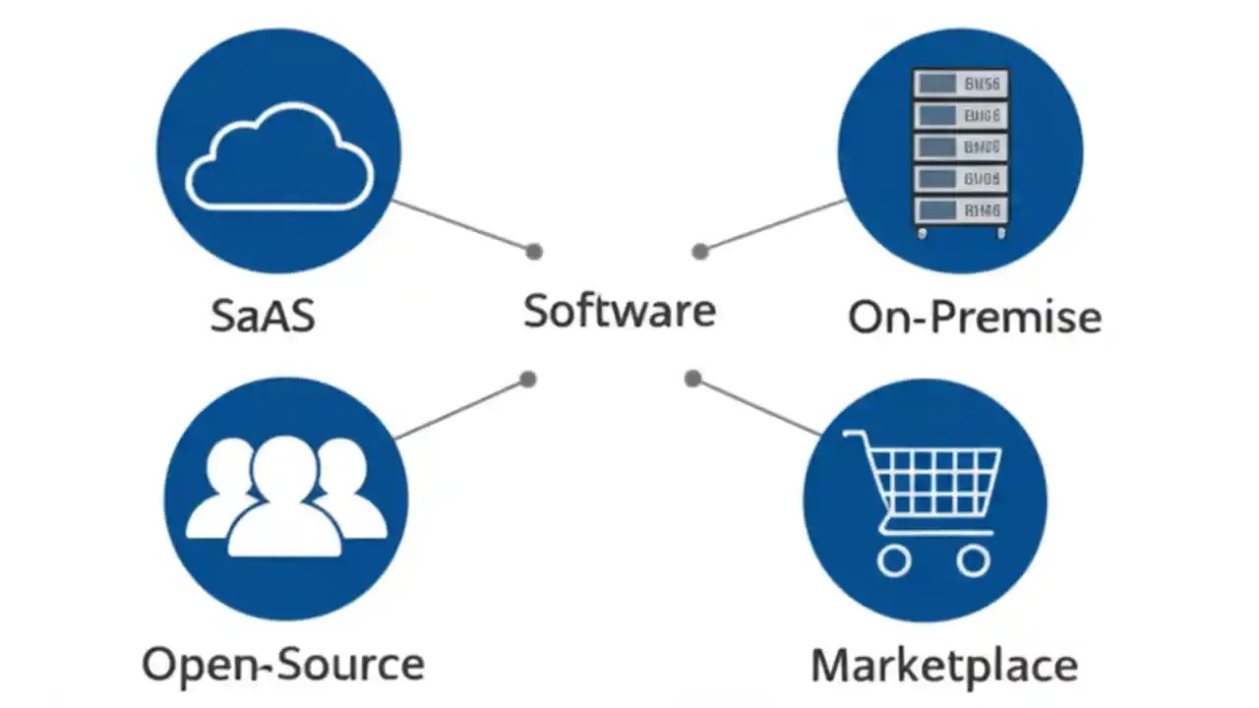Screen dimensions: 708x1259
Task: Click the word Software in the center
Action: click(619, 311)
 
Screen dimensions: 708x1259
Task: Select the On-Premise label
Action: click(974, 317)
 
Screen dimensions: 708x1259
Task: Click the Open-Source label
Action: click(283, 664)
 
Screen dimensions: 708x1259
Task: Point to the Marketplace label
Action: click(943, 666)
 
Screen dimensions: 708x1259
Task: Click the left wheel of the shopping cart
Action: click(893, 560)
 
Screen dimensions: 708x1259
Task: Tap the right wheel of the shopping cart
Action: click(973, 560)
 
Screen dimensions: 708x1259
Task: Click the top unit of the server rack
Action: click(960, 84)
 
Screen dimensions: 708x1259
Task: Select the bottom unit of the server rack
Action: click(960, 209)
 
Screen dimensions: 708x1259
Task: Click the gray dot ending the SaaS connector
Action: click(534, 251)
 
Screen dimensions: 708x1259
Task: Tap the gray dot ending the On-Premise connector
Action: click(700, 252)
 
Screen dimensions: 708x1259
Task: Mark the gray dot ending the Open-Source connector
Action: click(528, 379)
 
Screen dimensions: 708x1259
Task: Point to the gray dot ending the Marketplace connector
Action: click(692, 378)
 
